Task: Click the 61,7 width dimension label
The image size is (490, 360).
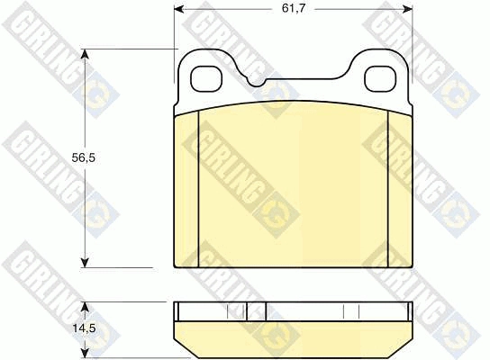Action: pyautogui.click(x=293, y=8)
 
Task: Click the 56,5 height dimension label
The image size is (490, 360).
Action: pyautogui.click(x=84, y=158)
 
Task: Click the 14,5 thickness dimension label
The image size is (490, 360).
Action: pyautogui.click(x=84, y=328)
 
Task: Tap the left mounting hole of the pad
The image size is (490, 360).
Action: pyautogui.click(x=205, y=79)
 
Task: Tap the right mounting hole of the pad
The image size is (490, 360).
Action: pyautogui.click(x=380, y=79)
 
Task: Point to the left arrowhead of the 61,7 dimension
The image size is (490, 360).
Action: pyautogui.click(x=178, y=9)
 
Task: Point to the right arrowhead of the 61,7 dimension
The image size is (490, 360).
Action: pyautogui.click(x=408, y=9)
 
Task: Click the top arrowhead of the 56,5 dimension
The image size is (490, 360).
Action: pyautogui.click(x=85, y=54)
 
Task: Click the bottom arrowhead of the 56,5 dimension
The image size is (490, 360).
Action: pyautogui.click(x=85, y=263)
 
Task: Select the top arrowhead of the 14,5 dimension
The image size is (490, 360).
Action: pyautogui.click(x=85, y=307)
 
